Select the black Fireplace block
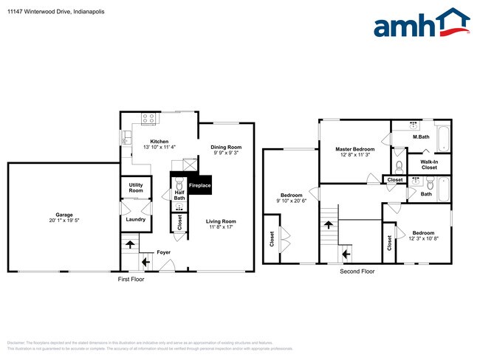(x=199, y=184)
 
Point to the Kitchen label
(x=160, y=141)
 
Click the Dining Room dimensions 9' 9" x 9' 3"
(x=226, y=153)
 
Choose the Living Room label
(x=221, y=221)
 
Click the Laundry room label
(x=135, y=219)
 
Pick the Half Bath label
(x=179, y=195)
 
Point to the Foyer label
(x=163, y=252)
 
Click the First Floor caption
(x=131, y=280)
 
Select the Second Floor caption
(x=357, y=271)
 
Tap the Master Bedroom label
(x=354, y=150)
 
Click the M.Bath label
(x=421, y=137)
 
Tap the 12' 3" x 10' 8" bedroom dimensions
(x=423, y=238)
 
